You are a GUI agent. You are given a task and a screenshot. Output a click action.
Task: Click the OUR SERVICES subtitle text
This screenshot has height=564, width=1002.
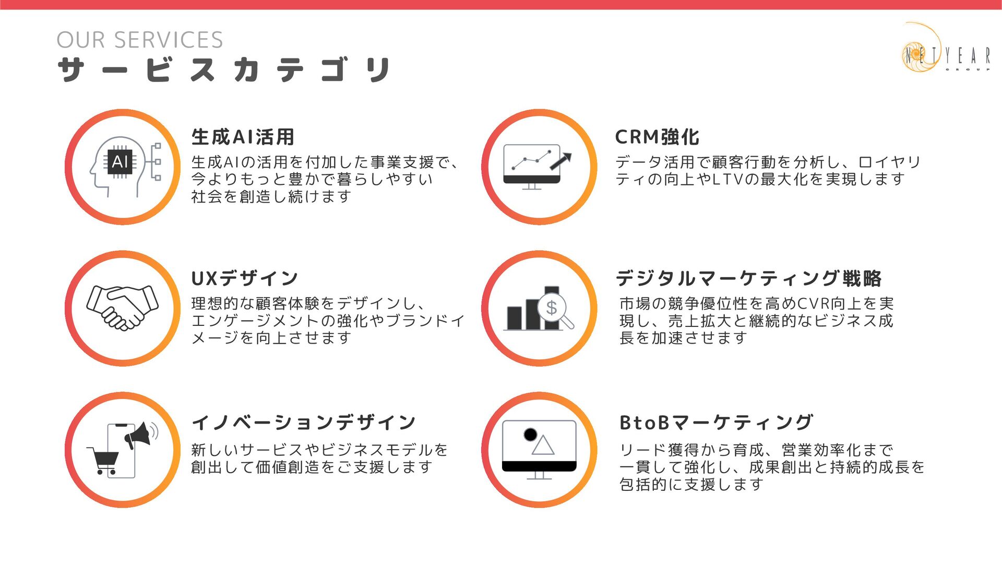139,40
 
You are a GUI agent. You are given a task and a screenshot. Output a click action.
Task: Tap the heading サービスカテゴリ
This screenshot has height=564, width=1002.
224,70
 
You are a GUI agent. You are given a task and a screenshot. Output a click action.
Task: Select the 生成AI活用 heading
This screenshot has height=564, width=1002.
243,137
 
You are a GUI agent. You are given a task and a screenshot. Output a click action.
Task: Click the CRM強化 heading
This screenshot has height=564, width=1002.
657,137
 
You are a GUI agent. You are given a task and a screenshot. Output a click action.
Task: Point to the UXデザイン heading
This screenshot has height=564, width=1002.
245,278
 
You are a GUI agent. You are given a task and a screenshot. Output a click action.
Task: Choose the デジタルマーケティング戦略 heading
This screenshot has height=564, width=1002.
748,278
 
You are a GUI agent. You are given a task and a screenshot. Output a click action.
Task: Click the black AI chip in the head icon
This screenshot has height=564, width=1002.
120,161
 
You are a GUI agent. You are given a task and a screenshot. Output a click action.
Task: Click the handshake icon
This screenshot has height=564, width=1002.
122,308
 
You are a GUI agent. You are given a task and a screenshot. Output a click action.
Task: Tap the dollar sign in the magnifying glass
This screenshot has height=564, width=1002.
552,308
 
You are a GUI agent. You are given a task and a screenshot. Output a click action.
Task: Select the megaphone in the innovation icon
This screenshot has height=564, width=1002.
139,436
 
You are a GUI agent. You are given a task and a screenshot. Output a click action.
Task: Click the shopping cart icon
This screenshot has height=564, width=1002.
105,460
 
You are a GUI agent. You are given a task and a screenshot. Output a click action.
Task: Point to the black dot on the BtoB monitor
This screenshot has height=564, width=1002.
530,434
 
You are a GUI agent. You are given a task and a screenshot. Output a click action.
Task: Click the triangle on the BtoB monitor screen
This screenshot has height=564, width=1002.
543,445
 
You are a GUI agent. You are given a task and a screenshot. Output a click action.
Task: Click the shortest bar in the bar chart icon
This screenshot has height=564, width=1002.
515,318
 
